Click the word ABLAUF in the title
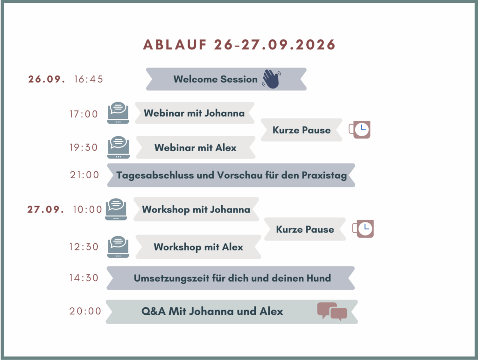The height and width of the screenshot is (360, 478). point(175,45)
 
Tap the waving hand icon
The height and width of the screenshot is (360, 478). point(271,79)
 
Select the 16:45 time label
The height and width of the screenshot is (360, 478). point(88,79)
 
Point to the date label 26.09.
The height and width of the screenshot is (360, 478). point(47,79)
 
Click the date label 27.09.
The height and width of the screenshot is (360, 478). point(46,209)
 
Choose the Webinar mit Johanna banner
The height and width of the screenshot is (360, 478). point(195,113)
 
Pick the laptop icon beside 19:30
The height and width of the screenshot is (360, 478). point(118,147)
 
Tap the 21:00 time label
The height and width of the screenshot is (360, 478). point(84,175)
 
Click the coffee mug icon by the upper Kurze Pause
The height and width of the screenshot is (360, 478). point(360,130)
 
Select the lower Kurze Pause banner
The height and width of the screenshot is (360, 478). point(305,229)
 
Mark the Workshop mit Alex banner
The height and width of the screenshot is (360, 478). point(198,247)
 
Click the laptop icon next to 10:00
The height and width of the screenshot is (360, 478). point(116,209)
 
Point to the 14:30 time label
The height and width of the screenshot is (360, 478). point(84,278)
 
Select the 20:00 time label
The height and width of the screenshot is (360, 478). point(85,311)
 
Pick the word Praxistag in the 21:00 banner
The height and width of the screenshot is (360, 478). point(324,175)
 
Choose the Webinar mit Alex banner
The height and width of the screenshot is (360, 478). point(196,147)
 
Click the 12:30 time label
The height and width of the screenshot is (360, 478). point(84,247)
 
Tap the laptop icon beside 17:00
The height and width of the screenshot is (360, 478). point(118,113)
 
